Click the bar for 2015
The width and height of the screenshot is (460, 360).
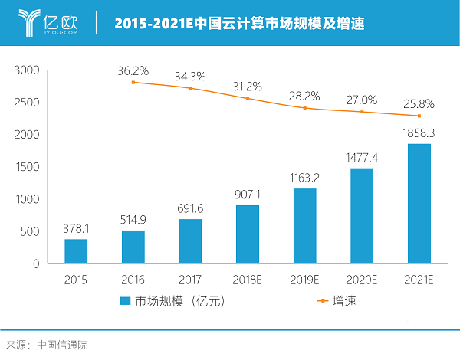click(76, 251)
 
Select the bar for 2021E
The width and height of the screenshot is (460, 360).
click(419, 204)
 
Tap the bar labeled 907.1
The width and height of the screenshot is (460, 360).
click(247, 234)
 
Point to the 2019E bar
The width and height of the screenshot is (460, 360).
click(304, 226)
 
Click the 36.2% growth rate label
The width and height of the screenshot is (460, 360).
click(133, 70)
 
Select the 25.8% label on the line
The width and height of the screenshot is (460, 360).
click(419, 103)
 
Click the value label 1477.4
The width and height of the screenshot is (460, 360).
click(362, 156)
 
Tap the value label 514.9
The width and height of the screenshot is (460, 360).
click(133, 218)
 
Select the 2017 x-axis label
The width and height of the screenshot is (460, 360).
click(190, 278)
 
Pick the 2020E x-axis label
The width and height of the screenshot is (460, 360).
click(362, 278)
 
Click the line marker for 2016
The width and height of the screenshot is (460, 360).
click(133, 82)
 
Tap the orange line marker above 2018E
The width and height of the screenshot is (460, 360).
click(248, 99)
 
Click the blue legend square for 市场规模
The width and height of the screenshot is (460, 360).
click(126, 302)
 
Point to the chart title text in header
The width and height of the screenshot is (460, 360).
click(239, 23)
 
